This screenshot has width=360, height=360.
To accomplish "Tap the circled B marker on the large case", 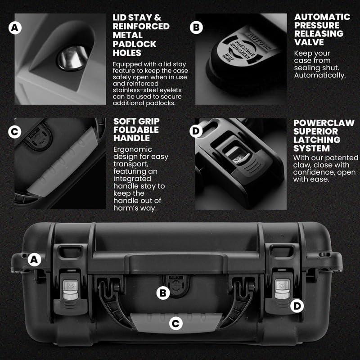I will tap(162, 293).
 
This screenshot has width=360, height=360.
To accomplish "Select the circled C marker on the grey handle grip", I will tap(176, 322).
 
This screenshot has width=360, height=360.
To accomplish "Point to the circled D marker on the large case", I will tap(297, 306).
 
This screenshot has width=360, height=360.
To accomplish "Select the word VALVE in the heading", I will tap(310, 42).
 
